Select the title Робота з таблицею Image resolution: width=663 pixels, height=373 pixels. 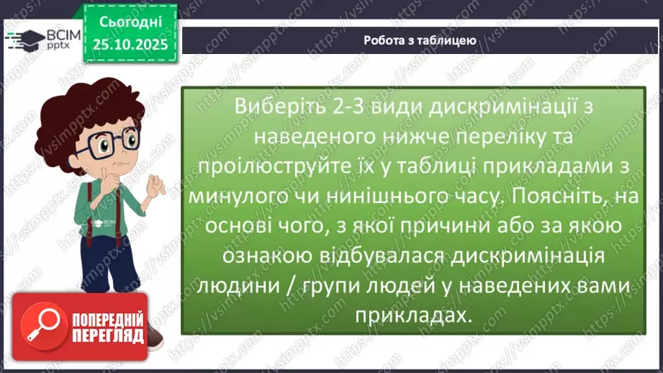point(420,40)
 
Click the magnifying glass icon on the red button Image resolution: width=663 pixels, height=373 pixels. point(38,320)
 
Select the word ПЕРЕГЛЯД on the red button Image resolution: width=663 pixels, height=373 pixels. point(108,336)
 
